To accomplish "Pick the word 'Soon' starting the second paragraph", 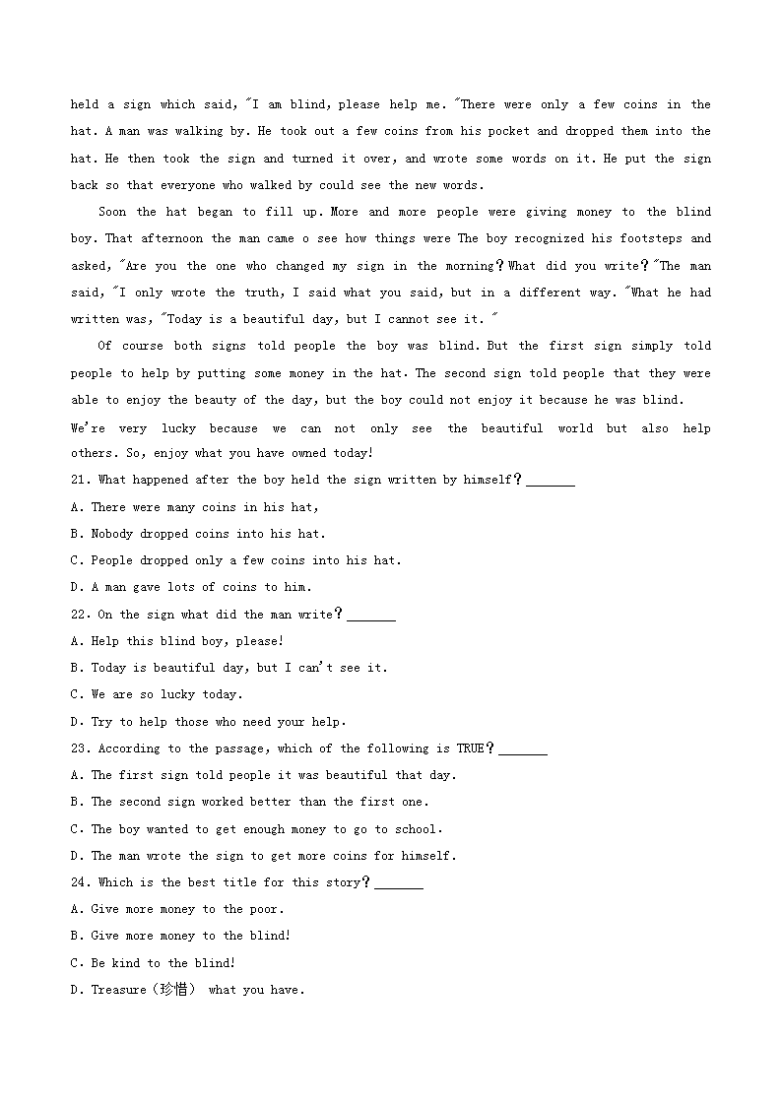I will pos(112,212).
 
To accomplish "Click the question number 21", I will pos(81,480).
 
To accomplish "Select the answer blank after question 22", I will pos(371,615).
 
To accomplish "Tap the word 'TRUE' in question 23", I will pos(471,748).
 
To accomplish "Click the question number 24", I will pos(81,882).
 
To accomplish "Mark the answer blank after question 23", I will pos(523,748).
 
